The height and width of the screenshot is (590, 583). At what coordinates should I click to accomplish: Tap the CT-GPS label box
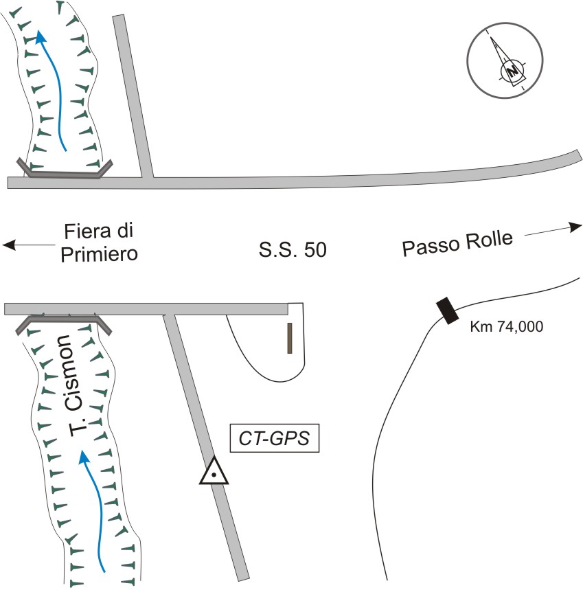[x=275, y=438]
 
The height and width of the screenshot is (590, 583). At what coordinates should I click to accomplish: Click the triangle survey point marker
[x=214, y=473]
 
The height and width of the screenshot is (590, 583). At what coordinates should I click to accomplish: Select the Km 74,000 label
[x=507, y=328]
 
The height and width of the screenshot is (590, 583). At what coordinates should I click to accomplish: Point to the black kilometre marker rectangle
[x=447, y=310]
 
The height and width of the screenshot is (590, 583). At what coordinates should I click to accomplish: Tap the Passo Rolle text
[x=457, y=245]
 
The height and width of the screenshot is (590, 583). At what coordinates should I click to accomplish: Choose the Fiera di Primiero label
[x=100, y=242]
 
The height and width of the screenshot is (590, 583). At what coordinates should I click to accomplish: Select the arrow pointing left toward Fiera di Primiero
[x=27, y=245]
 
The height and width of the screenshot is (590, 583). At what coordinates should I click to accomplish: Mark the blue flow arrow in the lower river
[x=94, y=508]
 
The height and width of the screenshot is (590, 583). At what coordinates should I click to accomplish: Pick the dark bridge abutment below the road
[x=64, y=320]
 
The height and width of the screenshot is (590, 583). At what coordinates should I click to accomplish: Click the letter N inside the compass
[x=511, y=70]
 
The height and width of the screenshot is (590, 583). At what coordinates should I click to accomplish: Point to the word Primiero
[x=100, y=253]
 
